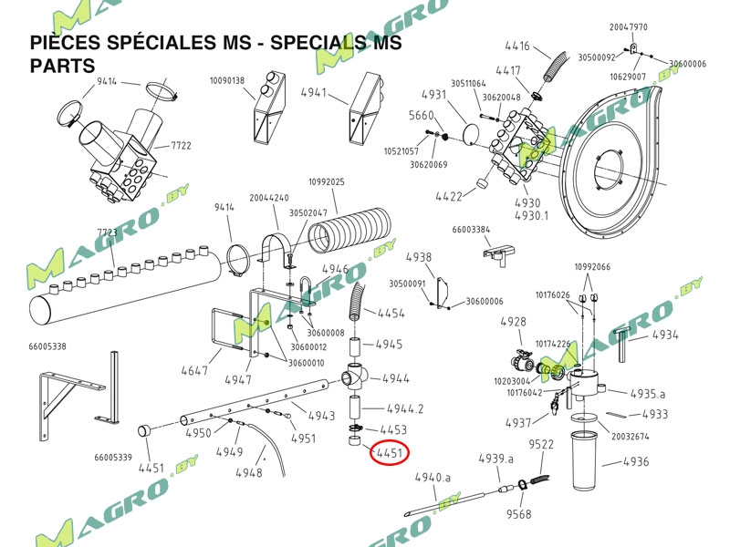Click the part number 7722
[180, 146]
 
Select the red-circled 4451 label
[390, 452]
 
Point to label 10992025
[326, 182]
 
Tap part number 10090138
[227, 81]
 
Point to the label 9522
[542, 445]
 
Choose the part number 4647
[195, 370]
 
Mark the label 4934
[665, 335]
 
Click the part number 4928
[514, 322]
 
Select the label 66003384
[471, 230]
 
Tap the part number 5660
[421, 116]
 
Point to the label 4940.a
[433, 477]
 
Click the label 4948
[248, 473]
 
